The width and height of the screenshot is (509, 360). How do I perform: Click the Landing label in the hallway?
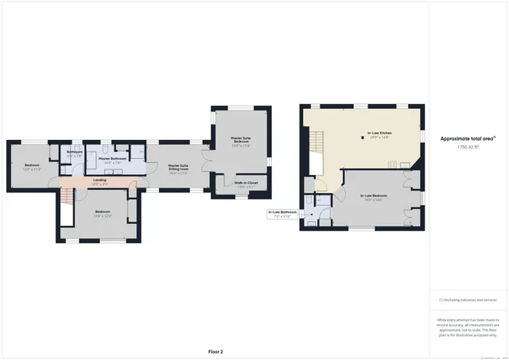pos(99,180)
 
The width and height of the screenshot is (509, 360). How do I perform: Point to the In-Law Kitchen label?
pos(379,134)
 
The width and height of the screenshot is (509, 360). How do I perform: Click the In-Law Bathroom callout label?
pos(282,213)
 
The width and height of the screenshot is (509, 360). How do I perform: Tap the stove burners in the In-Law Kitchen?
pos(392,165)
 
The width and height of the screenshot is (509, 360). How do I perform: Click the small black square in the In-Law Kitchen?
pos(353,134)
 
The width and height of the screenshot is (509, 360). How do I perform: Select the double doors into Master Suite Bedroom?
pos(206,158)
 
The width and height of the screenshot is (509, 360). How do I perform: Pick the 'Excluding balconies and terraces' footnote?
pos(468,300)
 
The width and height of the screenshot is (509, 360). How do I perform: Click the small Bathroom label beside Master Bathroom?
pos(75,153)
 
